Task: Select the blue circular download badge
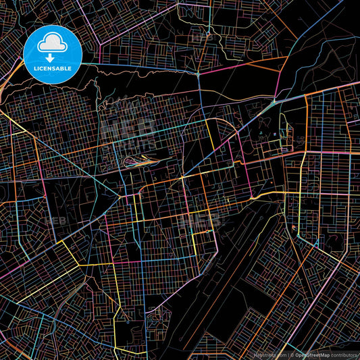(x=53, y=55)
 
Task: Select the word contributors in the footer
(x=344, y=354)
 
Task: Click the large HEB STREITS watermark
(x=128, y=132)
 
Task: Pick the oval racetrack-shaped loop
(x=138, y=161)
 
